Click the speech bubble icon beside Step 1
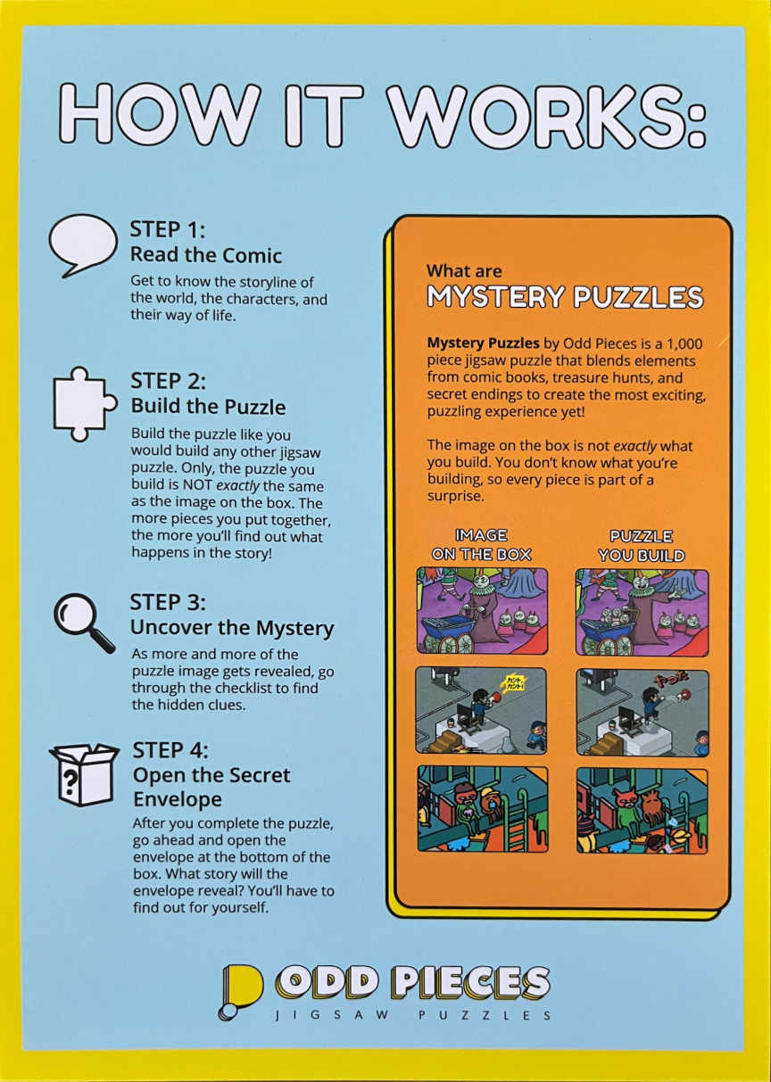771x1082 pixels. (83, 244)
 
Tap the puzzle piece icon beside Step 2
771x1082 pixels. (85, 405)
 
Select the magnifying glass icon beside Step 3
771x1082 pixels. (83, 622)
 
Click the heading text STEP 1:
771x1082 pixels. (168, 229)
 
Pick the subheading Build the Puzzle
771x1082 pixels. (208, 407)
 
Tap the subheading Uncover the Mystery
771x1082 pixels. (232, 627)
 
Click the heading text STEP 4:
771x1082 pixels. (170, 750)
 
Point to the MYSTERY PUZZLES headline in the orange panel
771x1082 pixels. (565, 296)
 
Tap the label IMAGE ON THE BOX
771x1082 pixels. (482, 545)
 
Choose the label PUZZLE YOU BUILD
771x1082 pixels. (642, 546)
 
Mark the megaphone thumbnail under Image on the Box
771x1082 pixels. (481, 711)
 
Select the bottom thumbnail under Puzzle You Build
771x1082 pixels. (642, 811)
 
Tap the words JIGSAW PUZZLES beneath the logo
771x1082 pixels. (413, 1015)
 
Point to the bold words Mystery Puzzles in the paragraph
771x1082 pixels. (483, 343)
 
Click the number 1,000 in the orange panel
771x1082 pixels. (684, 344)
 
